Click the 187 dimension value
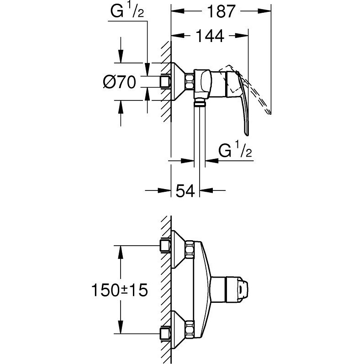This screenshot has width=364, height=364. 221,11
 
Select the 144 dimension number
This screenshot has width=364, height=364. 210,36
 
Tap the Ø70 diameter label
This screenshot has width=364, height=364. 120,82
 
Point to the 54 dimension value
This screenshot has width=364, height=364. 185,191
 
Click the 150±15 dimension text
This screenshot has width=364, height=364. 120,290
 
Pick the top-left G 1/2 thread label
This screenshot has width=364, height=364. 127,11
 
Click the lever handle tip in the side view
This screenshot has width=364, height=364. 247,134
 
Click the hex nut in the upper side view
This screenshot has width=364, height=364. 190,81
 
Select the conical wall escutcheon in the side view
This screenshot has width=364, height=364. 178,81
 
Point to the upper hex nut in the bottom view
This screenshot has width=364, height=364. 190,249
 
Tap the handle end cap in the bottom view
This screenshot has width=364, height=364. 242,290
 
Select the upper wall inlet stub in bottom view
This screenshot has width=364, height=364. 165,246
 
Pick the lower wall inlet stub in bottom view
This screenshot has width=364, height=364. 165,333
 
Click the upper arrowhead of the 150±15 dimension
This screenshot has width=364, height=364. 120,252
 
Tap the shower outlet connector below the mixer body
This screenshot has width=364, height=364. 200,102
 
